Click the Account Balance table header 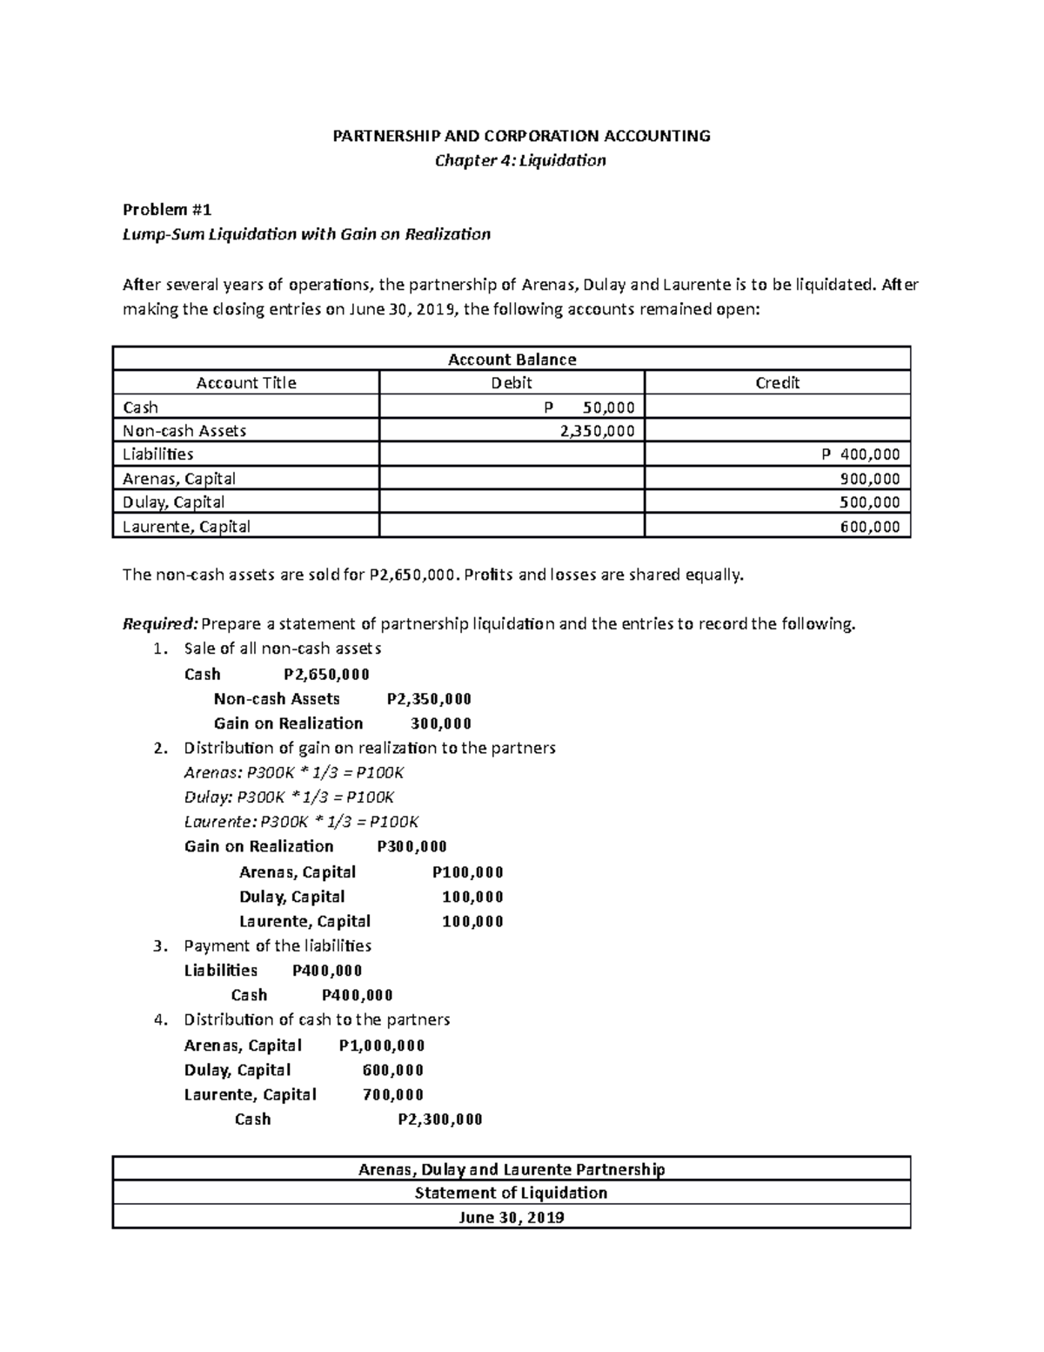tap(511, 359)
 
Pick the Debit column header tap(512, 382)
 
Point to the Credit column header tap(777, 382)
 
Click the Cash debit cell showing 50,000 tap(600, 407)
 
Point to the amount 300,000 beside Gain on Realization tap(441, 723)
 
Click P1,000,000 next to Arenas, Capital tap(382, 1046)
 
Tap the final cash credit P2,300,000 tap(439, 1120)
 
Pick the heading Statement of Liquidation tap(511, 1193)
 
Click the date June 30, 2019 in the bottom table tap(511, 1217)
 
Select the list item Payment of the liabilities tap(278, 945)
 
